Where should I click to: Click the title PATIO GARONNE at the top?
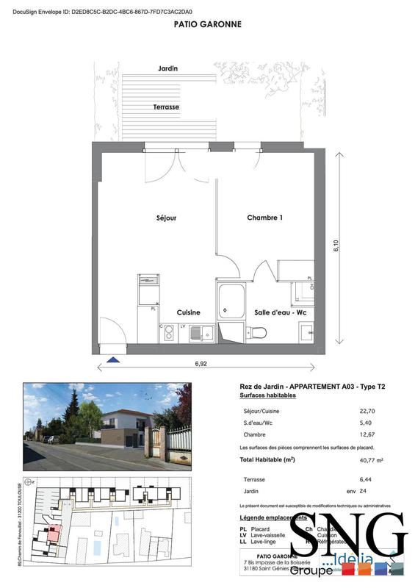pyautogui.click(x=207, y=24)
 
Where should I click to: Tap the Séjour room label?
pyautogui.click(x=167, y=218)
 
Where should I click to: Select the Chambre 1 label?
pyautogui.click(x=264, y=218)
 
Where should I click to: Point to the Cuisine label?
pyautogui.click(x=189, y=312)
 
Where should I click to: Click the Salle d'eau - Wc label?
pyautogui.click(x=280, y=312)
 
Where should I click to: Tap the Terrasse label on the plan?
pyautogui.click(x=166, y=107)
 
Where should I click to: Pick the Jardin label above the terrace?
pyautogui.click(x=167, y=68)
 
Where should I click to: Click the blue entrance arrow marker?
pyautogui.click(x=113, y=359)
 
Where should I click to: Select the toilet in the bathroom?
pyautogui.click(x=258, y=332)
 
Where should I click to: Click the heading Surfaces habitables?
pyautogui.click(x=268, y=395)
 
